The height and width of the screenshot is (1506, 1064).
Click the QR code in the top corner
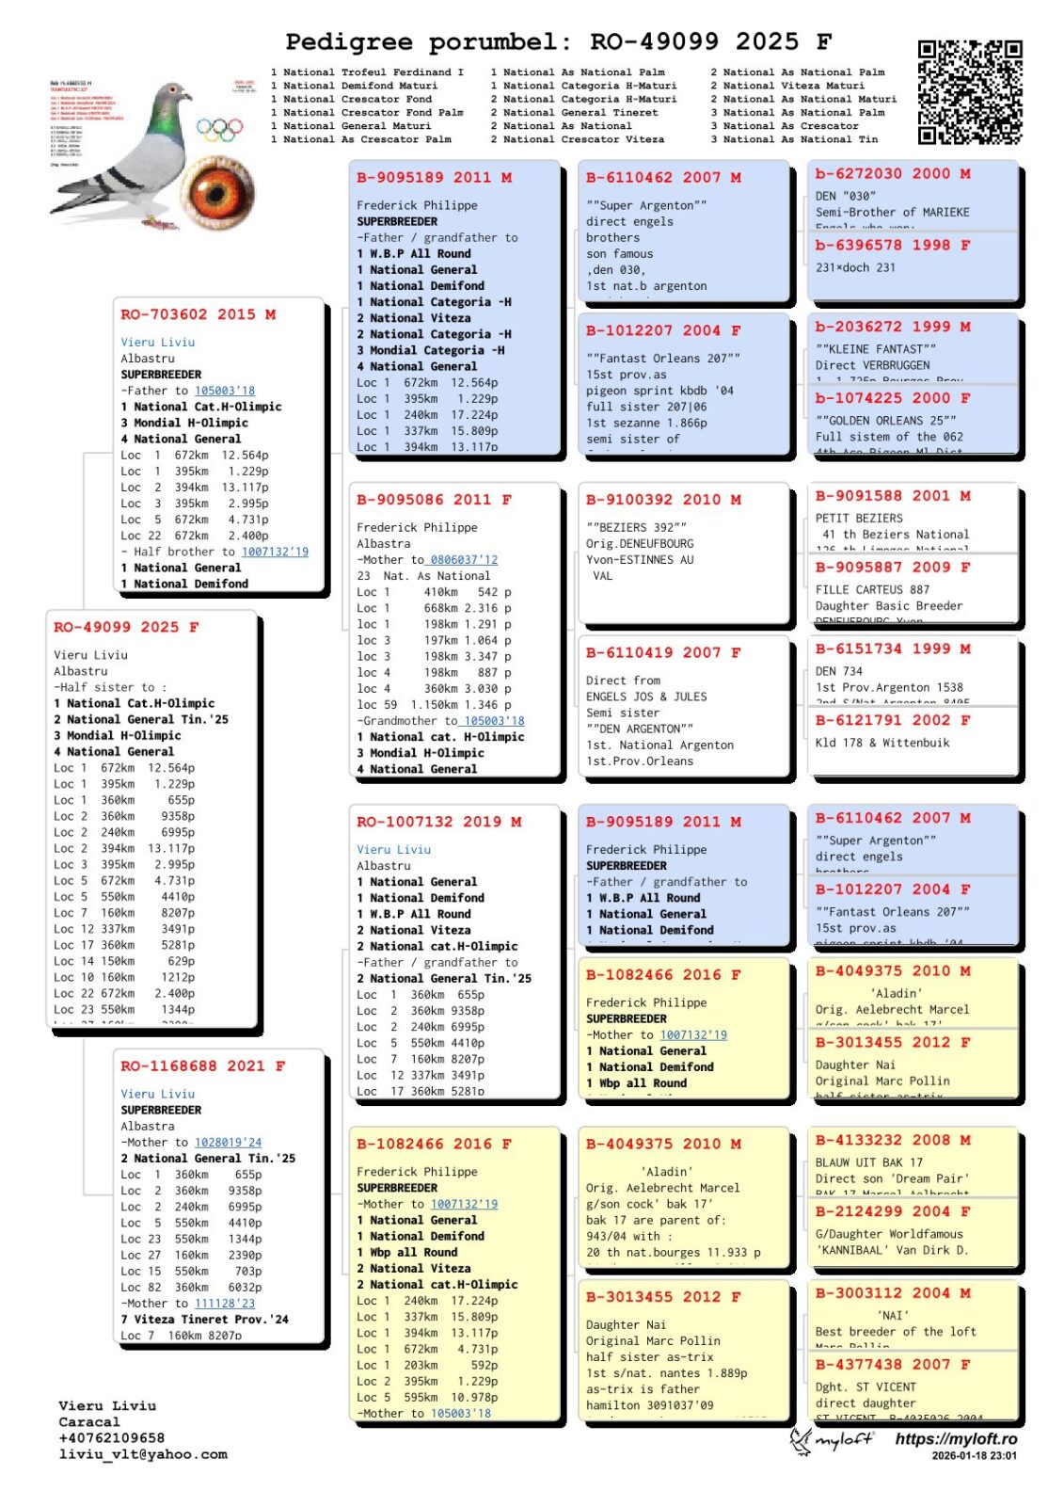coord(969,92)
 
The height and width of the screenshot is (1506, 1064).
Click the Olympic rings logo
coord(219,129)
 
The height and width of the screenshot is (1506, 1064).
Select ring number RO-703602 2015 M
coord(198,314)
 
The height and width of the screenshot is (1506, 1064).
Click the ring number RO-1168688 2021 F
coord(202,1065)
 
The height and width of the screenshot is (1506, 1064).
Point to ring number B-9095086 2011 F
coord(434,500)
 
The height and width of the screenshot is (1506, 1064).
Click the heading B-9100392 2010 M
coord(663,500)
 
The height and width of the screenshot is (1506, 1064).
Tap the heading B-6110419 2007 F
coord(663,652)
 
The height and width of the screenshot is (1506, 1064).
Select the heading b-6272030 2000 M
coord(893,174)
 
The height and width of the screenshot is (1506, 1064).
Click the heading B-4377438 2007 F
coord(893,1364)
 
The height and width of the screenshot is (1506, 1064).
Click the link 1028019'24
coord(229,1143)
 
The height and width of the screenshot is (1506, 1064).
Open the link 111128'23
coord(225,1304)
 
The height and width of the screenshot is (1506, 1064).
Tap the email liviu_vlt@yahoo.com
coord(143,1454)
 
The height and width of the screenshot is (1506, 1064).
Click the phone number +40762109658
coord(111,1438)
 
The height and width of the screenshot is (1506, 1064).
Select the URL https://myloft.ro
coord(956,1439)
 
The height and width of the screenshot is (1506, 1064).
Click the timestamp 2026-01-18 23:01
coord(974,1455)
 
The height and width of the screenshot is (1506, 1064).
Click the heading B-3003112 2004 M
coord(893,1293)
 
